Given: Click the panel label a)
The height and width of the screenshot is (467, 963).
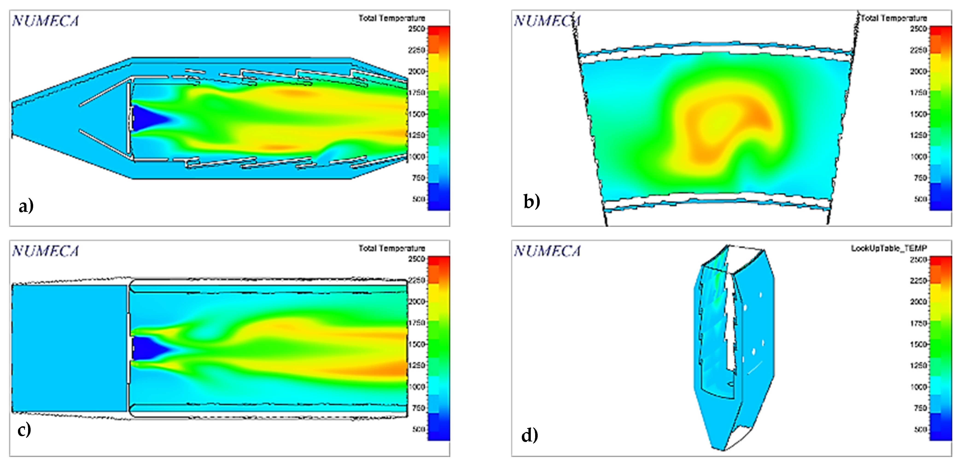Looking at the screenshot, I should pos(26,206).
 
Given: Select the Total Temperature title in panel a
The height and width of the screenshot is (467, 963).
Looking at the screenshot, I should pos(392,18).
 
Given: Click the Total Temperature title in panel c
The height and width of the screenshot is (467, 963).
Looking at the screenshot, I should pos(392,248).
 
